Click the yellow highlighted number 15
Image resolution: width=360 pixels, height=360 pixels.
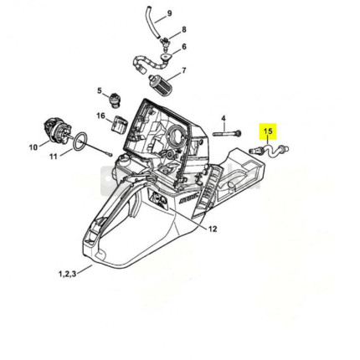(x=268, y=131)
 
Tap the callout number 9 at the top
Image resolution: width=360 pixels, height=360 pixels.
(x=169, y=13)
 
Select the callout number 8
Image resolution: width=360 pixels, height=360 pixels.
(x=184, y=29)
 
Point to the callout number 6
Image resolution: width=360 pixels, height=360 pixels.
(x=184, y=46)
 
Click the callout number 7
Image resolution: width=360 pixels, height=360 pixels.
(x=184, y=70)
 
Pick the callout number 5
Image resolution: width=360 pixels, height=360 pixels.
(x=100, y=90)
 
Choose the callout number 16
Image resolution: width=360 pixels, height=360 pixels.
(x=100, y=116)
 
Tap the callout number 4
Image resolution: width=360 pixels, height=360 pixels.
(x=224, y=118)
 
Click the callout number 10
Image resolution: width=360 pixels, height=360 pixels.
(x=33, y=147)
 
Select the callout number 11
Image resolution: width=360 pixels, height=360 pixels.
(x=54, y=157)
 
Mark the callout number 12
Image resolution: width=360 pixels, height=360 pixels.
(x=213, y=229)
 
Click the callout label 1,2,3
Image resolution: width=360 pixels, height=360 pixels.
(x=67, y=274)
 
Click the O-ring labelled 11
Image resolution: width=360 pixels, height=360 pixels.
(x=80, y=141)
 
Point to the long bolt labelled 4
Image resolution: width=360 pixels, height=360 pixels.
(x=227, y=133)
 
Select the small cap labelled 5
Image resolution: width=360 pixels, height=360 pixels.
(x=114, y=100)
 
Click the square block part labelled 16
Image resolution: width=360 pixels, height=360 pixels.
(x=120, y=123)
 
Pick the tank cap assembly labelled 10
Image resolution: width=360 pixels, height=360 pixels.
(x=58, y=131)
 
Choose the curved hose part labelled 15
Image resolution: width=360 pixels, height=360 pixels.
(x=269, y=150)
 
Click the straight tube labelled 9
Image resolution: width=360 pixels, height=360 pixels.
(x=152, y=21)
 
